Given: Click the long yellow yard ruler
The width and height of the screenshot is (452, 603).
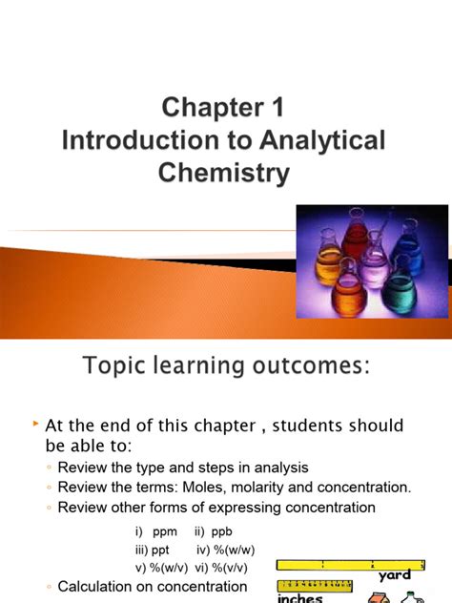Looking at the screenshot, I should click(x=363, y=564).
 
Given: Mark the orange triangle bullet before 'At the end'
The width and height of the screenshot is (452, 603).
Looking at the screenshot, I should click(x=35, y=423).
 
